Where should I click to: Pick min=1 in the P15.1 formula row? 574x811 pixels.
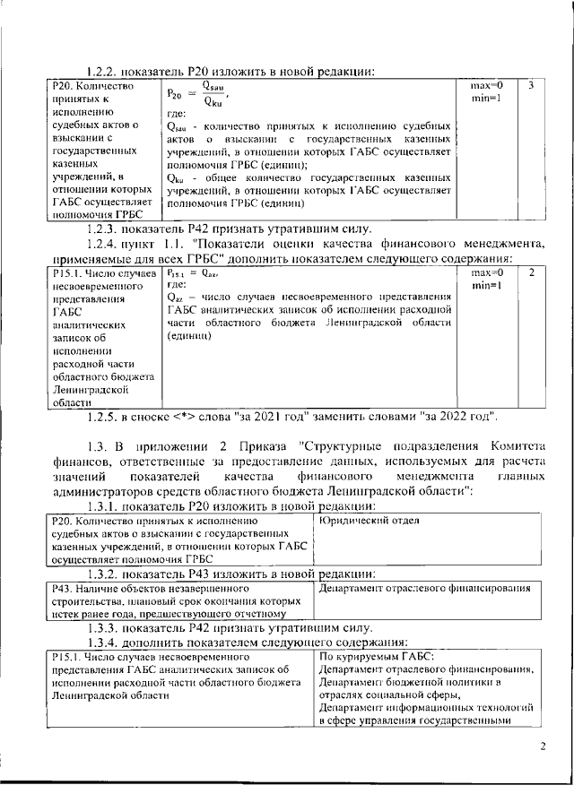(486, 285)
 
